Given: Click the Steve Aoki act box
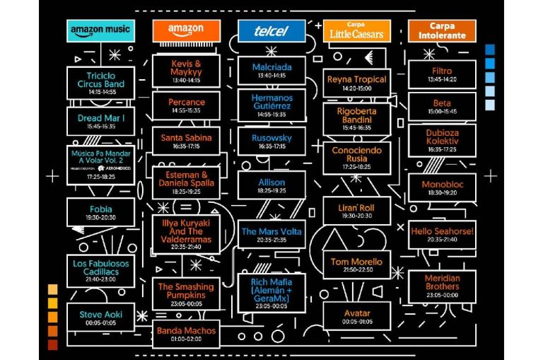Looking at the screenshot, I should (x=100, y=317).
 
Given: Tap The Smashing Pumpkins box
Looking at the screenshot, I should (x=186, y=292).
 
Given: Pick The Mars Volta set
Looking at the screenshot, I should (x=271, y=234).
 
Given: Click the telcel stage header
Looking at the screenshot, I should (x=271, y=30).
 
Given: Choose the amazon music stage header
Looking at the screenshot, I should (x=100, y=30).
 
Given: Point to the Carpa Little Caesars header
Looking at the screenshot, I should (x=356, y=30).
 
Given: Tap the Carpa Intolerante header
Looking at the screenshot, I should (x=442, y=30).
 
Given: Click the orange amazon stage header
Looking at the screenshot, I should (x=186, y=30).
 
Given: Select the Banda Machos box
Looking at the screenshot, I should (x=186, y=333).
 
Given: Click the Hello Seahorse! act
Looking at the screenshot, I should (x=442, y=234).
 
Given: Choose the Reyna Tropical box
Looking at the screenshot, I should (x=356, y=83).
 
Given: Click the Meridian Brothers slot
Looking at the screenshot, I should (x=442, y=285).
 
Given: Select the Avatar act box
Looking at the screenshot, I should (x=356, y=316).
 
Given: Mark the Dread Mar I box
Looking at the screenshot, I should (x=100, y=121).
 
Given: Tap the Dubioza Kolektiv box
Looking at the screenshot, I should (x=442, y=140).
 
